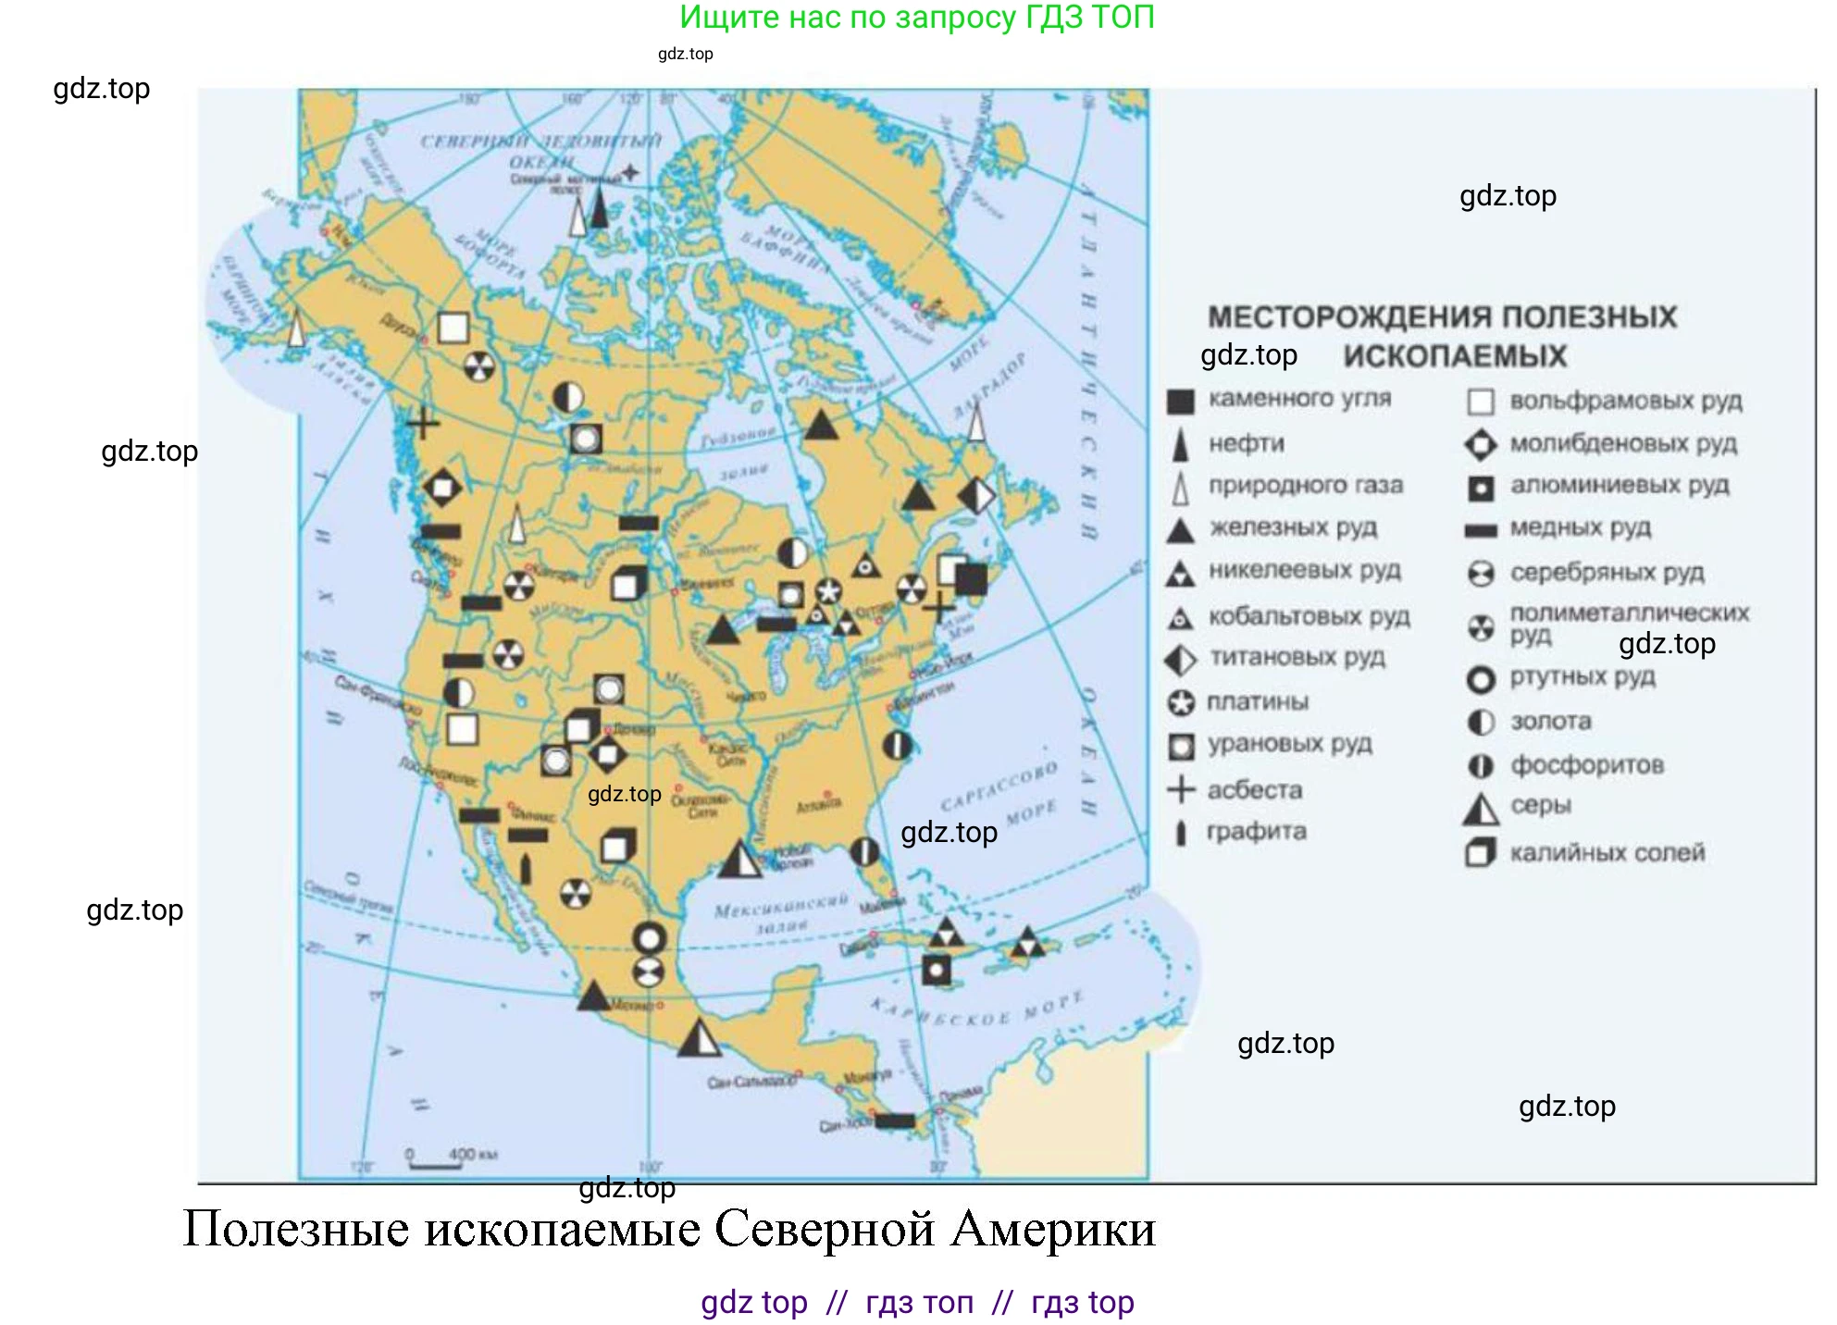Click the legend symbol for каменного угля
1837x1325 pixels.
coord(1180,401)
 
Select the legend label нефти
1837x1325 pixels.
coord(1246,444)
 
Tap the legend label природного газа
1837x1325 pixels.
coord(1305,486)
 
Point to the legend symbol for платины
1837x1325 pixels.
coord(1181,703)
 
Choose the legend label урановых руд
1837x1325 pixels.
coord(1289,744)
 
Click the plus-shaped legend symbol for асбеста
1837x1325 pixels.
coord(1181,789)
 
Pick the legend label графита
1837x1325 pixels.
coord(1256,832)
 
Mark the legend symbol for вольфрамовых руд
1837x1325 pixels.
coord(1481,402)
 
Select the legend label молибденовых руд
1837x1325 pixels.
coord(1623,444)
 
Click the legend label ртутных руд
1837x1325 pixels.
coord(1583,677)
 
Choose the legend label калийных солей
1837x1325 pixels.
coord(1607,853)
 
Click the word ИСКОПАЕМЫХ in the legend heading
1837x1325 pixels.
coord(1455,356)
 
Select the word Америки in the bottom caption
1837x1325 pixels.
coord(1053,1230)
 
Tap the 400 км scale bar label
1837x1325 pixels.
coord(473,1154)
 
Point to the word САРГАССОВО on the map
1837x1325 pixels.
coord(999,786)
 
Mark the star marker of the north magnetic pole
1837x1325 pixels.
coord(630,172)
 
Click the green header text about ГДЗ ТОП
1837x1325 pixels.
coord(917,17)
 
